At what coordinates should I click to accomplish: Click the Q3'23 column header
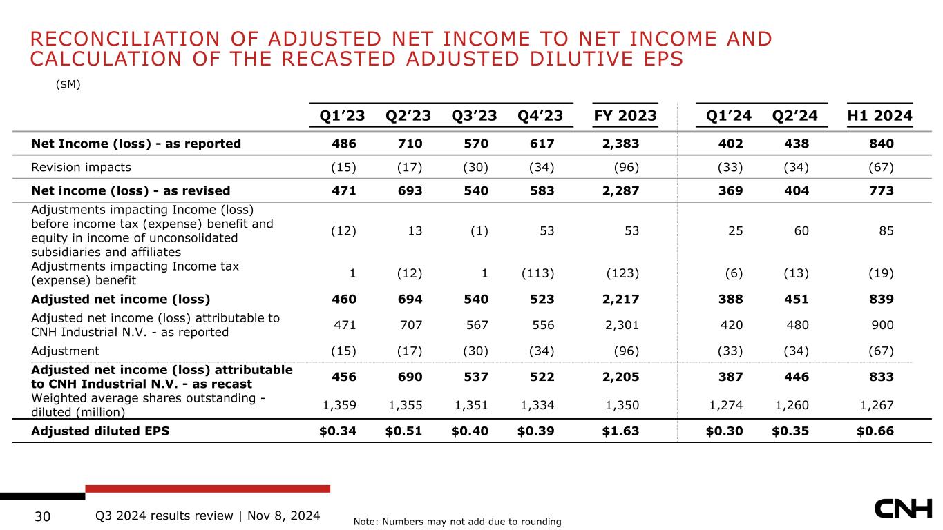tap(474, 116)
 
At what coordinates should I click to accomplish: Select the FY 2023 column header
tap(625, 116)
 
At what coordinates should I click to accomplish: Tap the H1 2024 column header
tap(880, 116)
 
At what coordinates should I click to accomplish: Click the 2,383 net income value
tap(620, 144)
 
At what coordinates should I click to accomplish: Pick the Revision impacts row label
tap(81, 168)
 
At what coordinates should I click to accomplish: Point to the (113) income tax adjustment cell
tap(537, 273)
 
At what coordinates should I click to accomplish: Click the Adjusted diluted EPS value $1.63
tap(620, 431)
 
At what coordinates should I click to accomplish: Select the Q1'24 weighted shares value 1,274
tap(726, 405)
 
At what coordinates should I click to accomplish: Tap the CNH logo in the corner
tap(904, 509)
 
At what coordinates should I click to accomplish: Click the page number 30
tap(43, 516)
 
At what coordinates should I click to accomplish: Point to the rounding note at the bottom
tap(457, 522)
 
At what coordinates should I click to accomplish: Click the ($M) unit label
tap(68, 85)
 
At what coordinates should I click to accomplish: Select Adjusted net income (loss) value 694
tap(410, 299)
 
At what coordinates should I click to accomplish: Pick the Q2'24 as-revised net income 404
tap(797, 191)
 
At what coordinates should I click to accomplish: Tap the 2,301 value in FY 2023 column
tap(622, 325)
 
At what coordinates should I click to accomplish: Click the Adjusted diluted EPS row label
tap(100, 431)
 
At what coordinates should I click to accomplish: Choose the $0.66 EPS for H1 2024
tap(875, 431)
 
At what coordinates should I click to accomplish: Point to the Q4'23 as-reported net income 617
tap(542, 144)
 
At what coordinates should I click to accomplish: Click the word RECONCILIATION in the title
tap(125, 39)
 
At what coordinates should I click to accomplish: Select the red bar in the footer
tap(207, 489)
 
